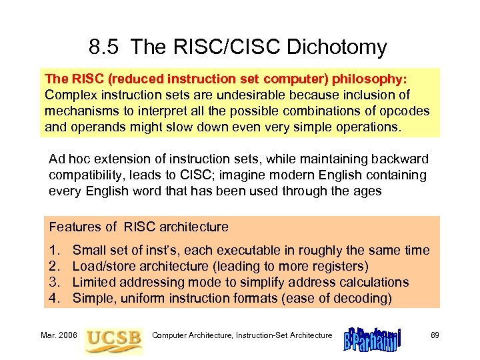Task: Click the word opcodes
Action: click(405, 111)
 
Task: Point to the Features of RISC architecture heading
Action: click(139, 227)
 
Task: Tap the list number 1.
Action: click(53, 250)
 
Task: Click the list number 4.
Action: click(53, 298)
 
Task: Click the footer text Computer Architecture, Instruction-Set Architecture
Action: click(242, 335)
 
